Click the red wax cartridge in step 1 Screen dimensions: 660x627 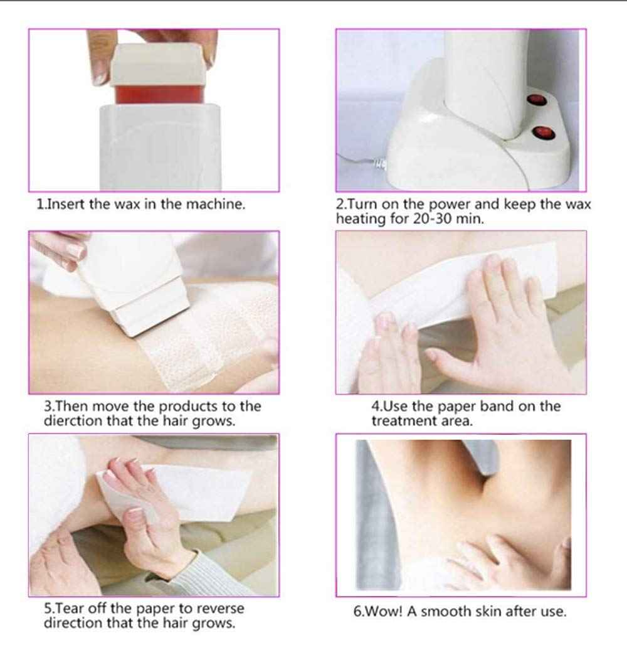(x=158, y=95)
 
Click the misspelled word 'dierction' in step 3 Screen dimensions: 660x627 (x=73, y=421)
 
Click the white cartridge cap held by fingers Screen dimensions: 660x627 (x=158, y=63)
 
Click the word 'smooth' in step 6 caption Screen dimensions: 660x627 (x=446, y=612)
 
